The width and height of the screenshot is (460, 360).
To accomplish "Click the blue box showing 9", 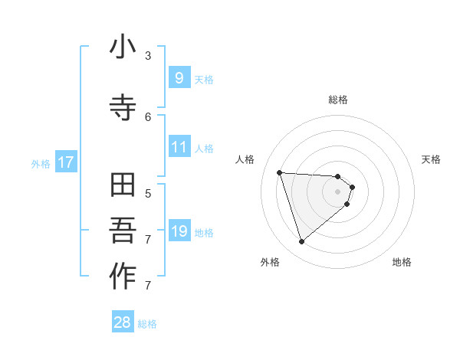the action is tap(179, 77).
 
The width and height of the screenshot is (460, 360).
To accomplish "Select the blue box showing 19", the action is tap(179, 231).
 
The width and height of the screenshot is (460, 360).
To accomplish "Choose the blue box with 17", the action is tap(65, 162).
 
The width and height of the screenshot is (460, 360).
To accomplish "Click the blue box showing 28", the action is tap(123, 322).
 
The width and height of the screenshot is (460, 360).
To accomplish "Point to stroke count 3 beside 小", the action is tap(148, 56).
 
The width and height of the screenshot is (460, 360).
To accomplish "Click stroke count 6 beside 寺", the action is tap(148, 116).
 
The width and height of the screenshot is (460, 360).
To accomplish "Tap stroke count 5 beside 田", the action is tap(148, 193).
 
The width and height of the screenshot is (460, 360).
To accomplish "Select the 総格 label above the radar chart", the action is tap(338, 100).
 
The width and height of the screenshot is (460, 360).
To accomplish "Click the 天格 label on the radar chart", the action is tap(432, 159).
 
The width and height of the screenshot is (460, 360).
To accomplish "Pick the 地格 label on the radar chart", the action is tap(402, 262).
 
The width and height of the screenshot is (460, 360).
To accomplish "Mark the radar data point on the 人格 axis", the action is tap(280, 172).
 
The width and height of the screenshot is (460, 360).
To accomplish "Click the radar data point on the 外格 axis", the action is tap(302, 242).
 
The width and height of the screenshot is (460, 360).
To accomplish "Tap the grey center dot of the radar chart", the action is tap(338, 201).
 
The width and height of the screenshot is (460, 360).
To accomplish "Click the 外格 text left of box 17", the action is tap(41, 163).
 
